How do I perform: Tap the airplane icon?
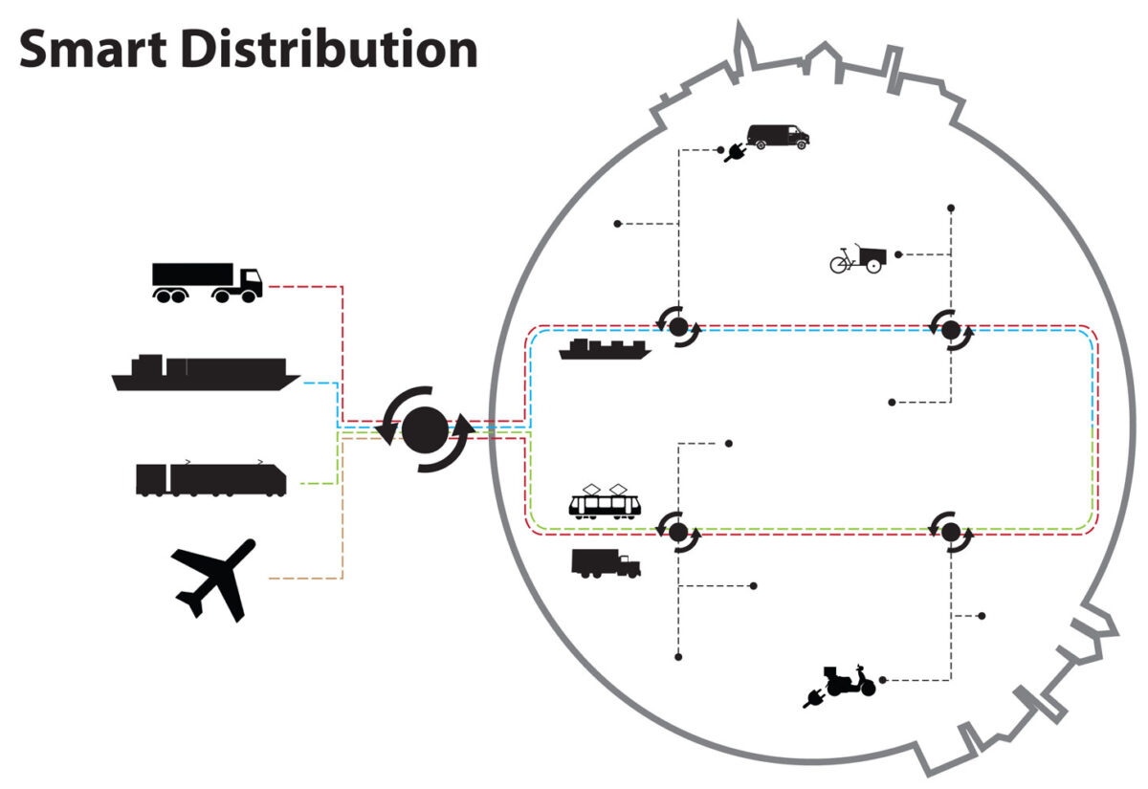pyautogui.click(x=215, y=579)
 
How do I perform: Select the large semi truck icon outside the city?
pyautogui.click(x=206, y=282)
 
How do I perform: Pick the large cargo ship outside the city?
pyautogui.click(x=205, y=373)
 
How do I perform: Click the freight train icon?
pyautogui.click(x=210, y=477)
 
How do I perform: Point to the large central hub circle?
pyautogui.click(x=424, y=428)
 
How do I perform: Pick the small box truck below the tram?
pyautogui.click(x=606, y=563)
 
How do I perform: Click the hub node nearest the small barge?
pyautogui.click(x=678, y=328)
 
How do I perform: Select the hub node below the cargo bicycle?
pyautogui.click(x=951, y=330)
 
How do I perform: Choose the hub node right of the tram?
pyautogui.click(x=678, y=531)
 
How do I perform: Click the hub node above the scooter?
pyautogui.click(x=951, y=531)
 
